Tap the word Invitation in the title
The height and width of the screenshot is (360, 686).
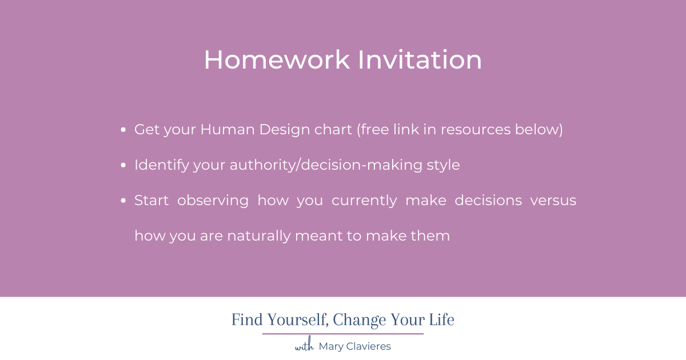(x=420, y=60)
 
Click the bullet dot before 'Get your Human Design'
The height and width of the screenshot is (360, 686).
(x=124, y=130)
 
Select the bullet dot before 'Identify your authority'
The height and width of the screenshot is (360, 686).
(x=124, y=166)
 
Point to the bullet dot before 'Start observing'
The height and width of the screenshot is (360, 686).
(x=124, y=201)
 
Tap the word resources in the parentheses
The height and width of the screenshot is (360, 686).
(x=473, y=130)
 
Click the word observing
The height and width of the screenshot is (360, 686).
(x=213, y=201)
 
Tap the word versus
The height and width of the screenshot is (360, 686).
(x=553, y=201)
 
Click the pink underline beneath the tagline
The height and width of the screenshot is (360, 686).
(x=343, y=334)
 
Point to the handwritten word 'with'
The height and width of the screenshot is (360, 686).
(x=304, y=346)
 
